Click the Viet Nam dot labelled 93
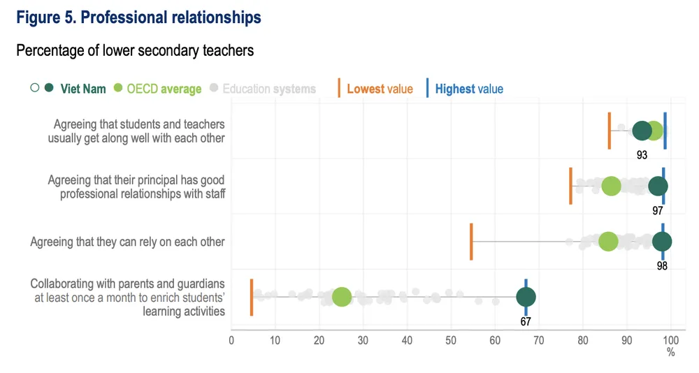(642, 131)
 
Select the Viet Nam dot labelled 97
(658, 186)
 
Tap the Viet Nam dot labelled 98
(662, 242)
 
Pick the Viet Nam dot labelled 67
(526, 297)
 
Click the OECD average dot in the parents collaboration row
(341, 297)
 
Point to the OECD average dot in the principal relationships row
(611, 186)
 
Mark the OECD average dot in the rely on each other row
(608, 242)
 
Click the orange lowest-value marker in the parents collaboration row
(252, 297)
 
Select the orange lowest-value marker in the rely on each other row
(471, 242)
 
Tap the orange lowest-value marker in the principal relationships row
(571, 186)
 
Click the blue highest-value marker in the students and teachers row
(665, 131)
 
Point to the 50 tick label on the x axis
(452, 340)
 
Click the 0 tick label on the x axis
(231, 340)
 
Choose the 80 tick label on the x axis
(583, 340)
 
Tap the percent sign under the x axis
(671, 353)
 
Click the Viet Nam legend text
(83, 89)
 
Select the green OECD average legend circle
(117, 89)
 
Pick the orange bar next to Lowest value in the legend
(339, 89)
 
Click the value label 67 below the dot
(526, 321)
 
